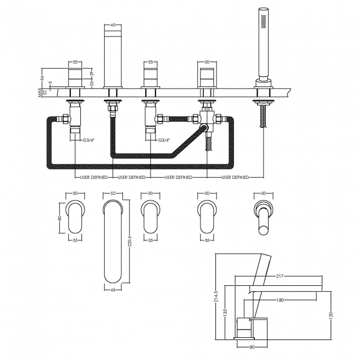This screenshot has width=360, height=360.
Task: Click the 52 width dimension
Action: tap(113, 193)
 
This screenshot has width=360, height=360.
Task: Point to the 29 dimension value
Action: tap(92, 73)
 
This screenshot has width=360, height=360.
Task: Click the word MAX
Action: tap(39, 92)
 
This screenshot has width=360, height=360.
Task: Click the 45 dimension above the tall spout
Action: tap(113, 25)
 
